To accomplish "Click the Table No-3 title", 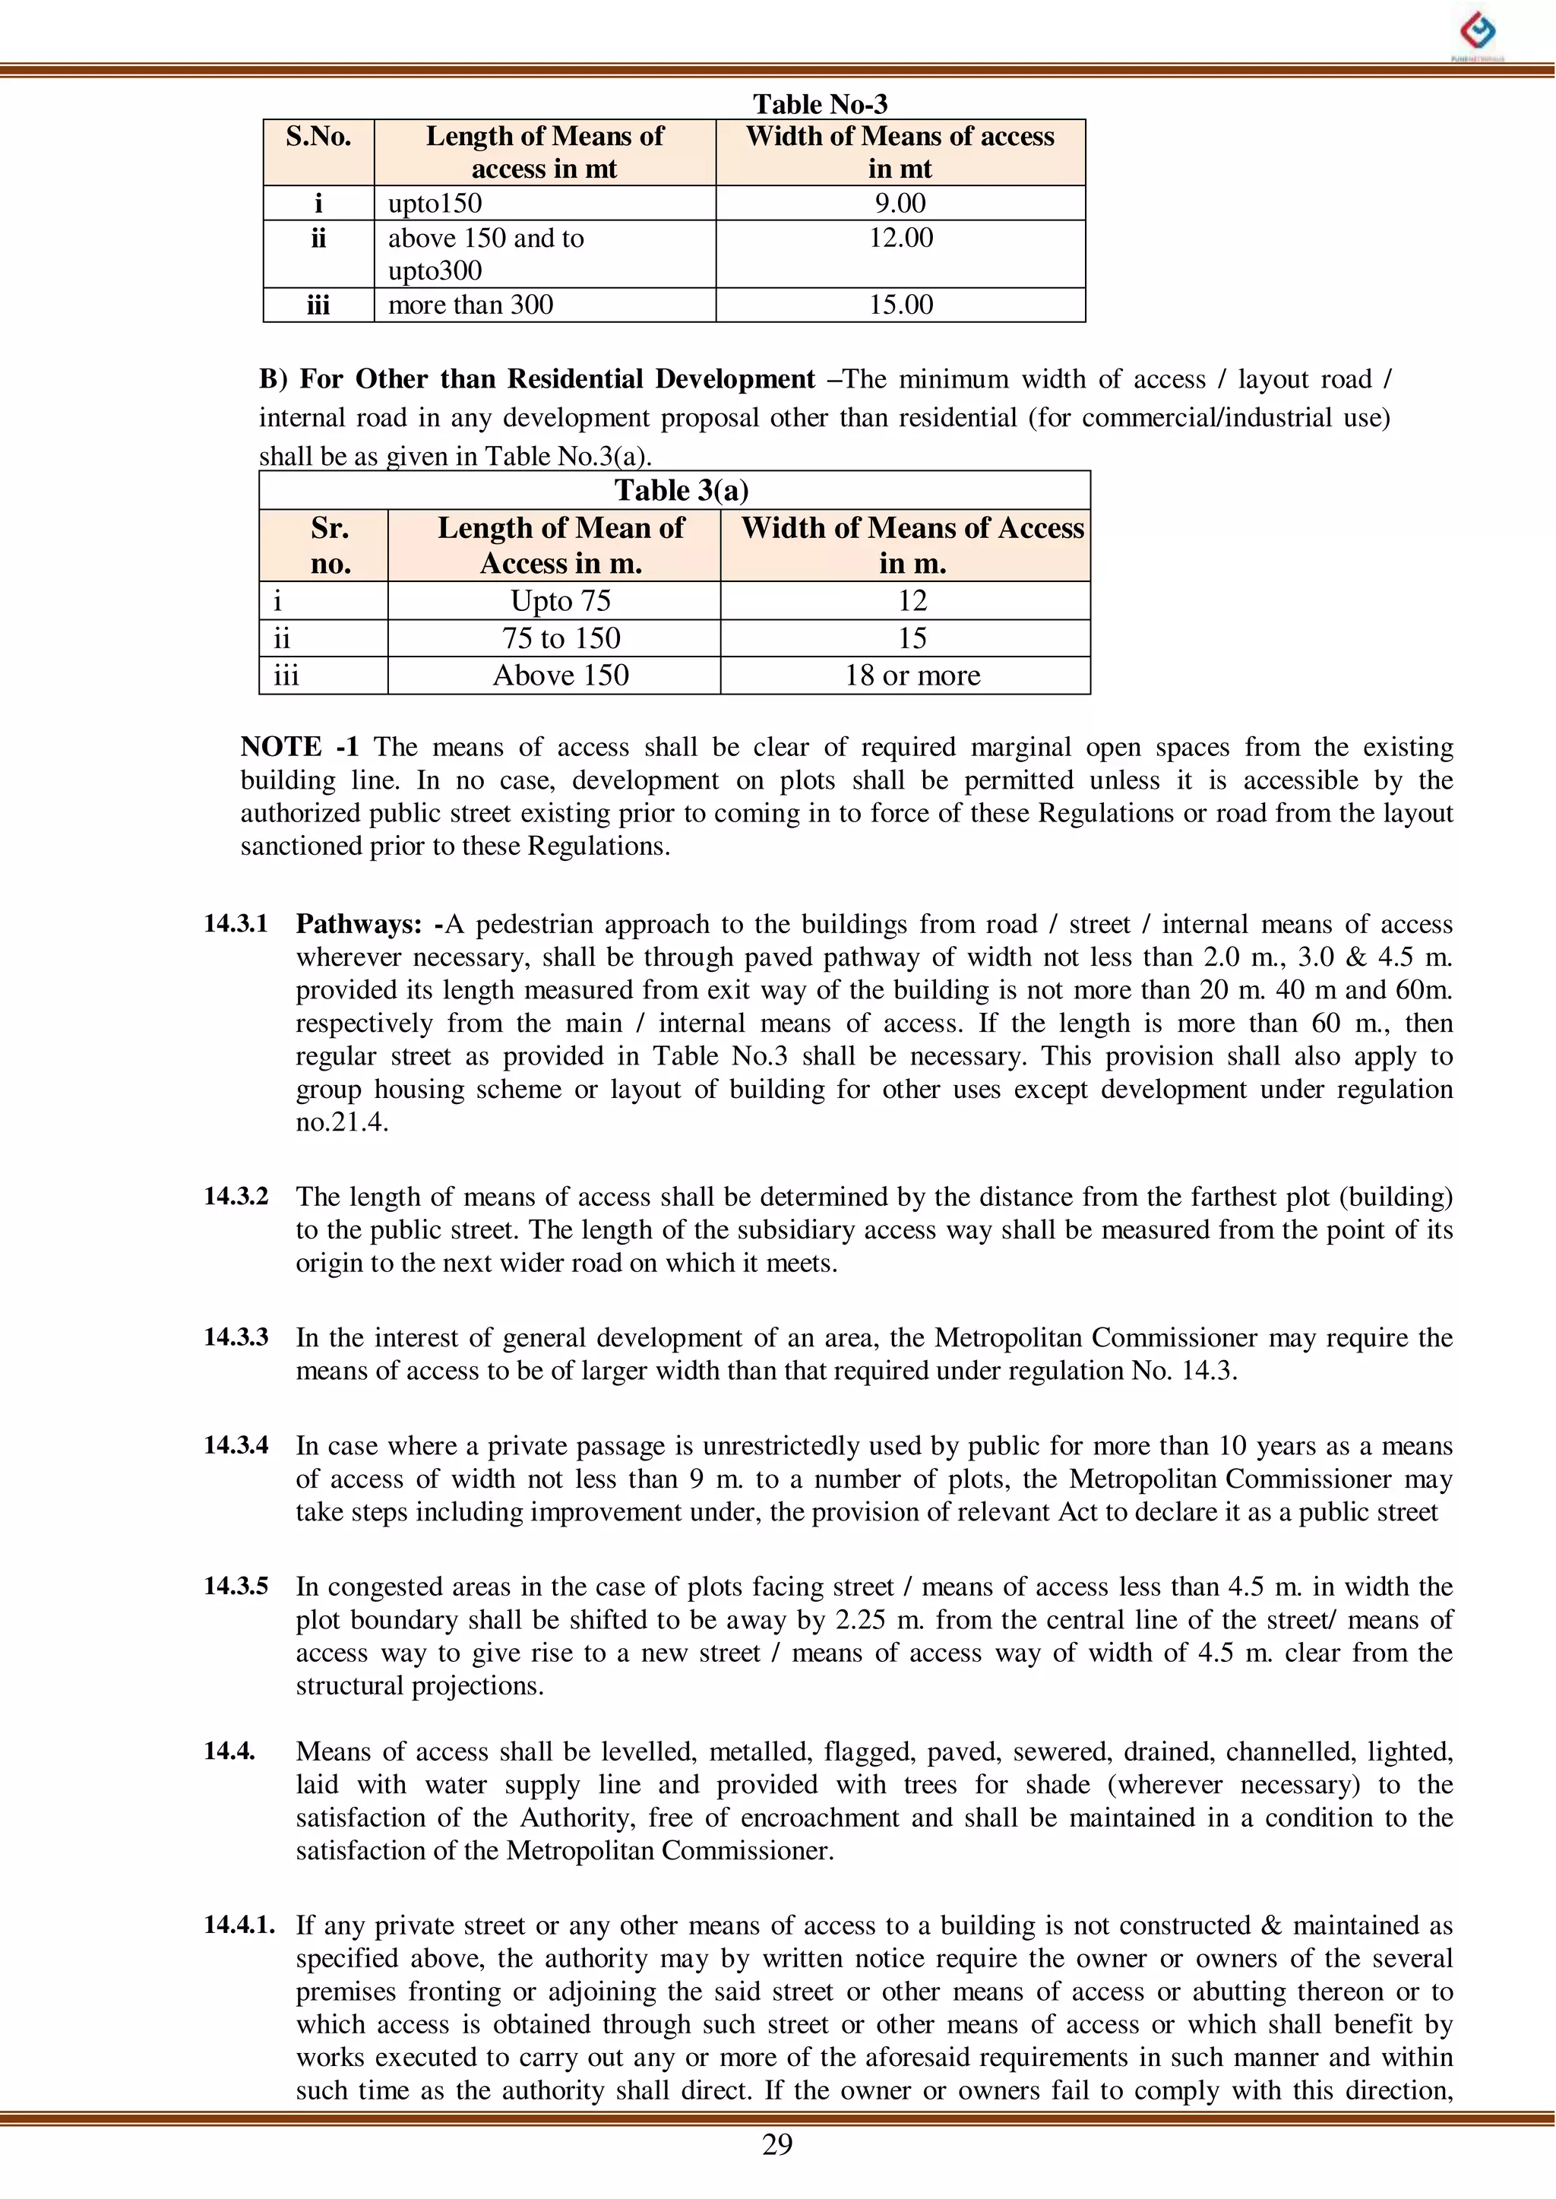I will (820, 103).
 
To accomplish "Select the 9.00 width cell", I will (900, 203).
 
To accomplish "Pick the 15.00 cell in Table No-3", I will (900, 305).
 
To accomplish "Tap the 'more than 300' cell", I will (470, 305).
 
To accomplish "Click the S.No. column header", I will (318, 137).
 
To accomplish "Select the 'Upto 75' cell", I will (561, 601).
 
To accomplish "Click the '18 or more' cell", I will (912, 676).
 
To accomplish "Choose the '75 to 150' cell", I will (561, 638).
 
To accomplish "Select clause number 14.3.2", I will (236, 1196).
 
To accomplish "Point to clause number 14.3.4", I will (236, 1445).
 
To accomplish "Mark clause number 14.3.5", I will (236, 1586).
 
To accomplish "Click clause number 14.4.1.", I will (239, 1925).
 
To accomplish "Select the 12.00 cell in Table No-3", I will (900, 238).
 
